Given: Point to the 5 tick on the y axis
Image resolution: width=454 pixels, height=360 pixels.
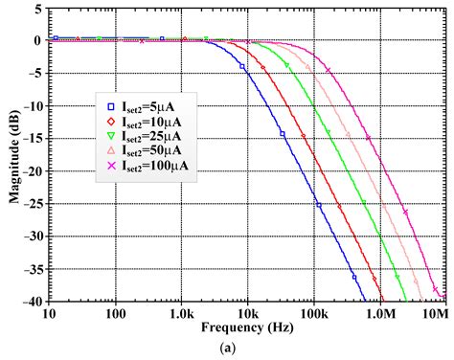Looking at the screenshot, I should pyautogui.click(x=36, y=9).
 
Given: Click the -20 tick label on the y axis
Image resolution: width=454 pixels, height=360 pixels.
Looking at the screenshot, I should pyautogui.click(x=32, y=171).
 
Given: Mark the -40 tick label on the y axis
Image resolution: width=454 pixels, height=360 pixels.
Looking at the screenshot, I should pyautogui.click(x=32, y=302).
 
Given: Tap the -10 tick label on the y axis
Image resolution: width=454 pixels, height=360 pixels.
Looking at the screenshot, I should pyautogui.click(x=32, y=106).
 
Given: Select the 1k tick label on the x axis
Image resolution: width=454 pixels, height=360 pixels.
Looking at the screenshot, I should pyautogui.click(x=181, y=313).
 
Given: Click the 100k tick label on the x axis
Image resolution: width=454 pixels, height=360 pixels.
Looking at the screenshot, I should pyautogui.click(x=312, y=313).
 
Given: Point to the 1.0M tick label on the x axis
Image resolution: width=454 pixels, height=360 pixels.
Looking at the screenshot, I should pyautogui.click(x=378, y=313).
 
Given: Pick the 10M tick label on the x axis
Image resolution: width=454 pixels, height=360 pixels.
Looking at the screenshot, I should pyautogui.click(x=436, y=313).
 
